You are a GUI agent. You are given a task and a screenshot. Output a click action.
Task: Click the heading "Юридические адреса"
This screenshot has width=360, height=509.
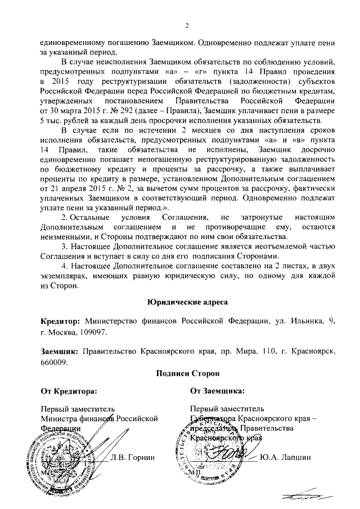click(x=188, y=302)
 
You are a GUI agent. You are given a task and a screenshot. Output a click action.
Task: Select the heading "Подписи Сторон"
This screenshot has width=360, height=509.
click(x=188, y=373)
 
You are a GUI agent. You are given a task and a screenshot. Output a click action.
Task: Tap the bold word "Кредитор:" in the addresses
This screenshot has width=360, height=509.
click(x=61, y=321)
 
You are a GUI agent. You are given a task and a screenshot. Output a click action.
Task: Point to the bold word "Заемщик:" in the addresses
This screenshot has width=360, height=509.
click(x=60, y=352)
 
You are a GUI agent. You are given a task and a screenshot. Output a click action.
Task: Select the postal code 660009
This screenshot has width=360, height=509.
click(x=54, y=363)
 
